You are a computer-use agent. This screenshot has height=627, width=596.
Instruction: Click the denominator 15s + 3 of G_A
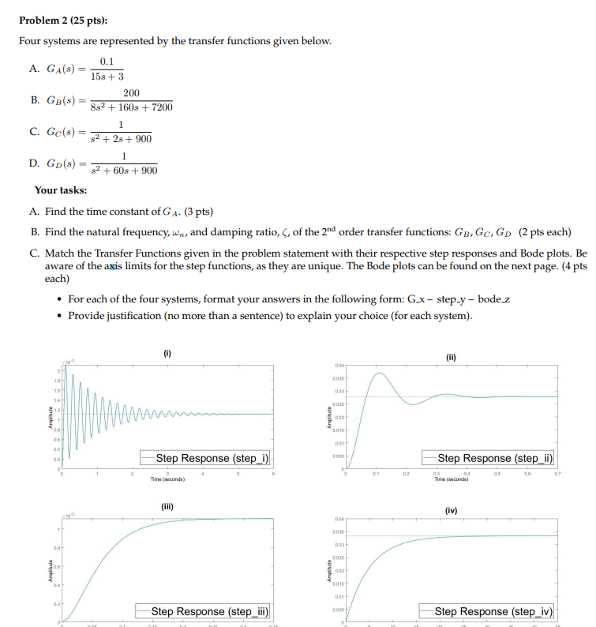(107, 77)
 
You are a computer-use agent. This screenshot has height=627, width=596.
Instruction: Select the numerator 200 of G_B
(130, 93)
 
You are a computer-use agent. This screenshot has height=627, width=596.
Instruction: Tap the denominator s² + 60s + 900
(125, 170)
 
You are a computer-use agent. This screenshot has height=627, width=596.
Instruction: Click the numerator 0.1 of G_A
(107, 61)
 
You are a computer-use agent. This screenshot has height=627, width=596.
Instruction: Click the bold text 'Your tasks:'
(61, 190)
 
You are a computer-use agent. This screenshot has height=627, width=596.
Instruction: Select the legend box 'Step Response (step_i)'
(206, 458)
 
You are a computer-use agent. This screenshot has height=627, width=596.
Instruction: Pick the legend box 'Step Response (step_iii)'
(204, 611)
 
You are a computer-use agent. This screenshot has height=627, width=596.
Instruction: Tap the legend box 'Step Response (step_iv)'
(494, 611)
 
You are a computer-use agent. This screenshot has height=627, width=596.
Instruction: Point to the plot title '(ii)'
(452, 356)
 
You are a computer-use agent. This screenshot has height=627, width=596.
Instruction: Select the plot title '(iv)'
(452, 510)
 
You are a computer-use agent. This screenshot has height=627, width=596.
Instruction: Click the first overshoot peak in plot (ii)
(379, 373)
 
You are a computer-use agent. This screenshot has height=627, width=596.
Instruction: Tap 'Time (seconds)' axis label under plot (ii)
(452, 479)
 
